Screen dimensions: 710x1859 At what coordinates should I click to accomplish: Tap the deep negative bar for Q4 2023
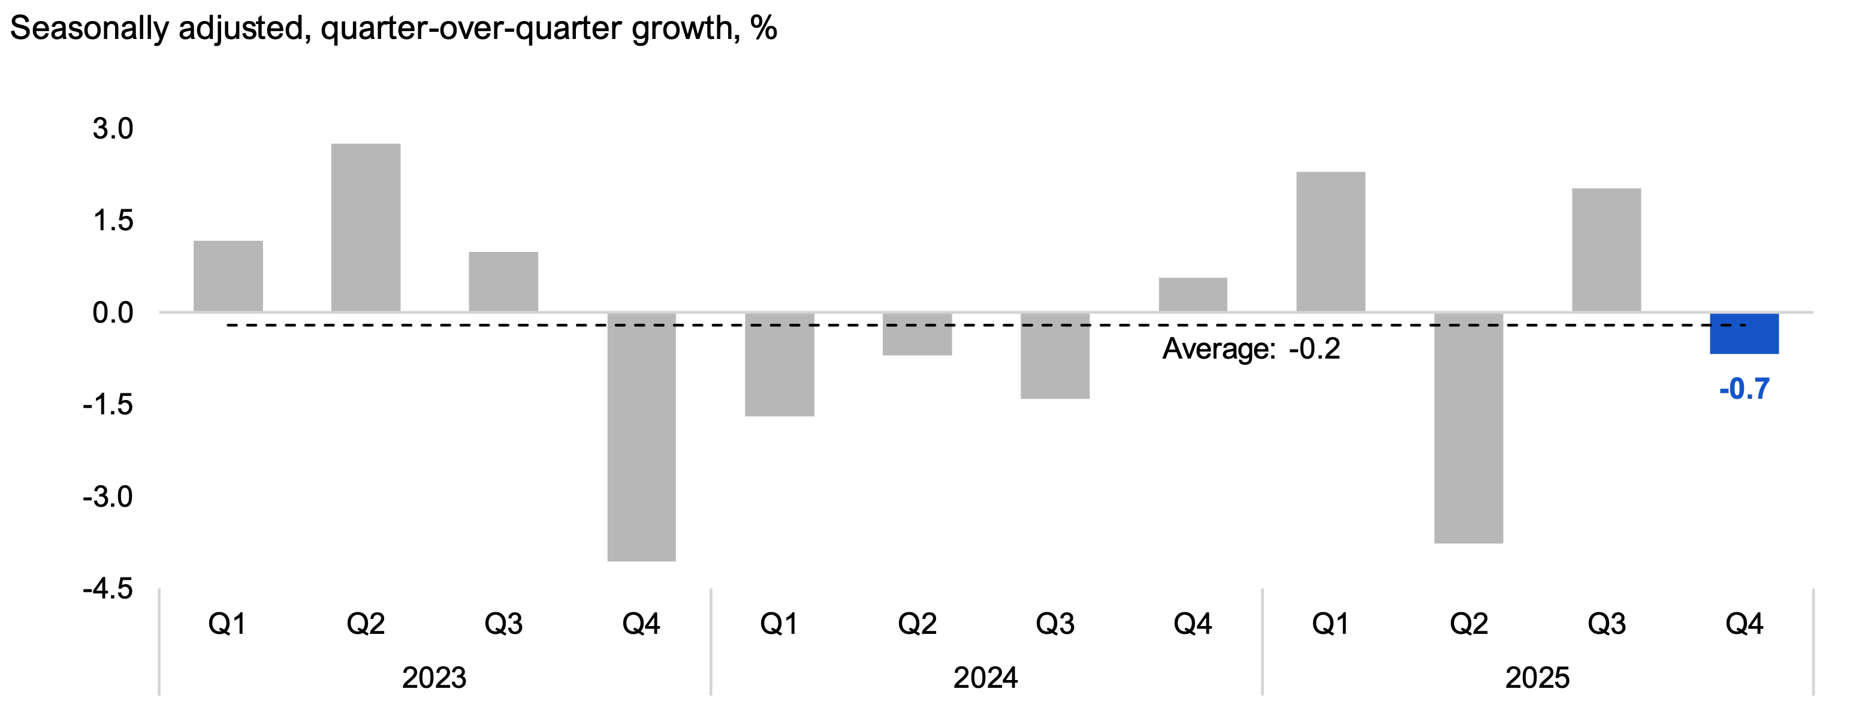point(642,437)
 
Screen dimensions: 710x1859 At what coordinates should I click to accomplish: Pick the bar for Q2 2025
point(1469,428)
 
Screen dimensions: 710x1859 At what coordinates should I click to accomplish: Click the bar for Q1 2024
point(780,364)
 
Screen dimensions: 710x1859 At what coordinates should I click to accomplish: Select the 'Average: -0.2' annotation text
point(1251,350)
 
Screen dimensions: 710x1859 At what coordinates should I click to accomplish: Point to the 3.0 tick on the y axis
point(113,130)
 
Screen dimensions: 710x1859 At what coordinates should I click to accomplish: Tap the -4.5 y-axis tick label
point(108,589)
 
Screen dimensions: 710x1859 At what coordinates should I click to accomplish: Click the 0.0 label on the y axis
point(113,314)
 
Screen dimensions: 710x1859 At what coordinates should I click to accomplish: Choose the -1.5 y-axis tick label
point(108,405)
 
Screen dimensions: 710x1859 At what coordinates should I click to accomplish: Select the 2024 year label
point(985,678)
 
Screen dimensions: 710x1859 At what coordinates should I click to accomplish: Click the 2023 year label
point(434,678)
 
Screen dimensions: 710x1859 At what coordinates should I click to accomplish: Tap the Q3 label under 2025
point(1607,623)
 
